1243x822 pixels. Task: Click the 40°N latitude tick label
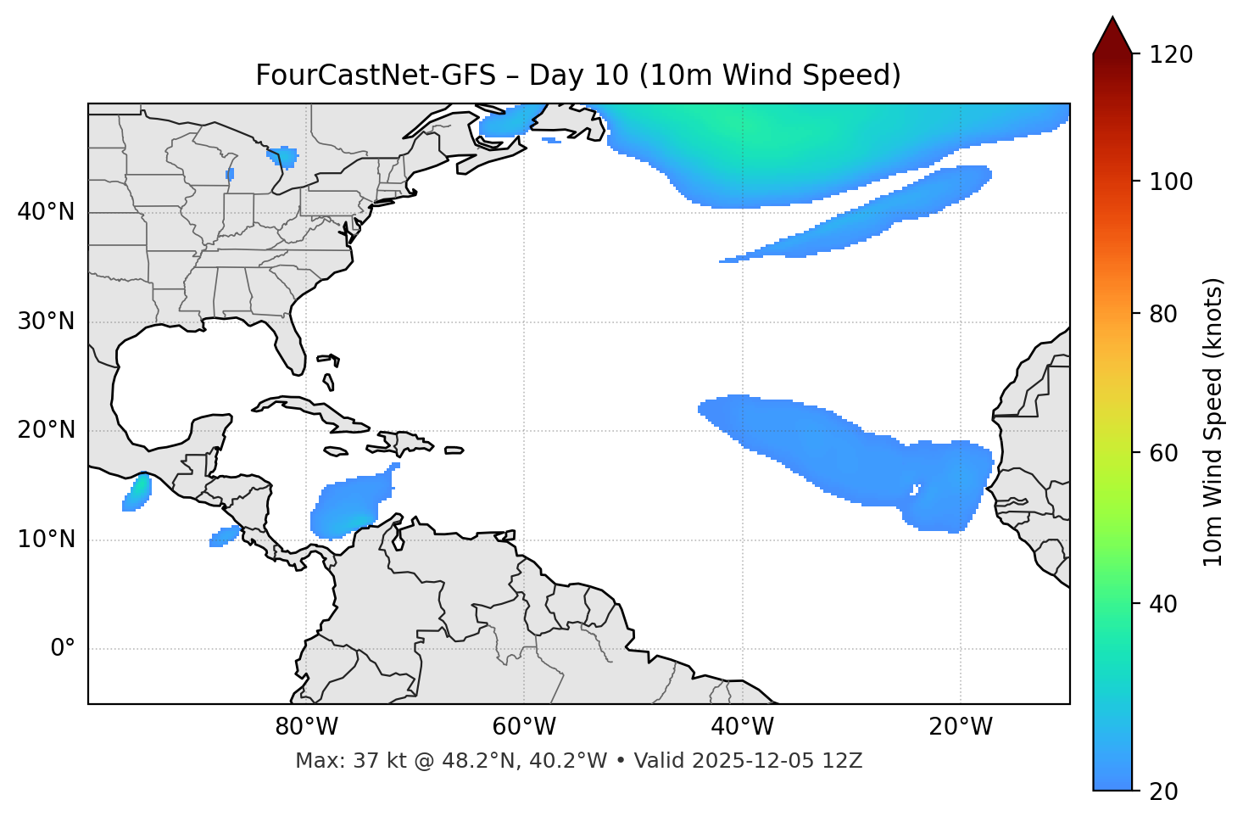tap(46, 212)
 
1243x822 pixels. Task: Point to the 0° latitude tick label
tap(63, 649)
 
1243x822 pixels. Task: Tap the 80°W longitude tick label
tap(306, 727)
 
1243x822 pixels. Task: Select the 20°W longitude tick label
tap(961, 727)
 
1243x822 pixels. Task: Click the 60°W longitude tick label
tap(524, 727)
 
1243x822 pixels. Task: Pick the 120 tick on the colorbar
tap(1171, 55)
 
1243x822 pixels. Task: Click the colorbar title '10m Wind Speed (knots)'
tap(1213, 422)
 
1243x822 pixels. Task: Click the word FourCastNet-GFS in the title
tap(375, 75)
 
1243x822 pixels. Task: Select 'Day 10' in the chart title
tap(579, 75)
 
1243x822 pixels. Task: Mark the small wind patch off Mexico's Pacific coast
tap(137, 493)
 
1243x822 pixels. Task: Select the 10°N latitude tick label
tap(46, 540)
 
